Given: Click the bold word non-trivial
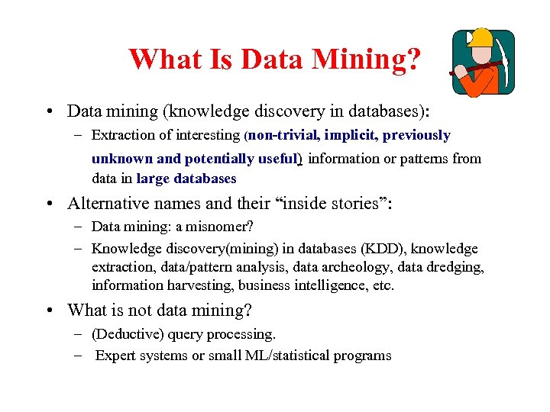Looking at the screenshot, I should (282, 136).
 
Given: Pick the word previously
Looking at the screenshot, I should (416, 136).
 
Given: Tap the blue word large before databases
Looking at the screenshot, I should (154, 179).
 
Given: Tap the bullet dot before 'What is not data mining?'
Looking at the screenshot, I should (50, 311).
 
